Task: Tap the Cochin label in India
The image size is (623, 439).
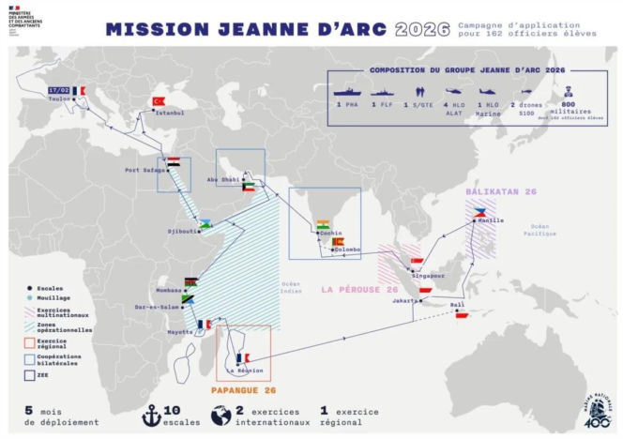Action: click(x=329, y=234)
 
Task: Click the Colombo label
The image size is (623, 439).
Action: click(x=347, y=250)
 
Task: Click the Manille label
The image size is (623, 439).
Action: click(x=491, y=220)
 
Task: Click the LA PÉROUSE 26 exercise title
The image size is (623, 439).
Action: click(x=360, y=290)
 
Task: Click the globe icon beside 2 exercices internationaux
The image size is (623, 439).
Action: click(x=220, y=414)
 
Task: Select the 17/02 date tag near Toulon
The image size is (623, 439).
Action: click(x=59, y=90)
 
